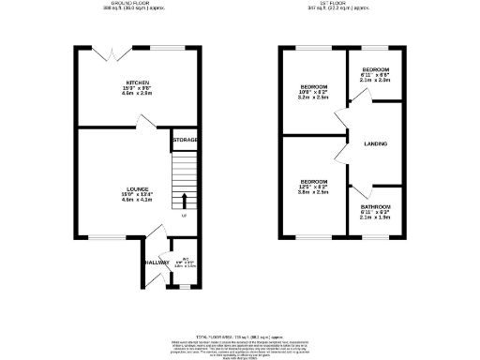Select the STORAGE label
(x=185, y=141)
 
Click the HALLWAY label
(x=157, y=263)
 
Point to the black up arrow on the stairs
(x=185, y=200)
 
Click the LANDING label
(x=376, y=143)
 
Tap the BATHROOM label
(x=376, y=207)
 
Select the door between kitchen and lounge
(x=137, y=132)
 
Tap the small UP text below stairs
(x=185, y=216)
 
